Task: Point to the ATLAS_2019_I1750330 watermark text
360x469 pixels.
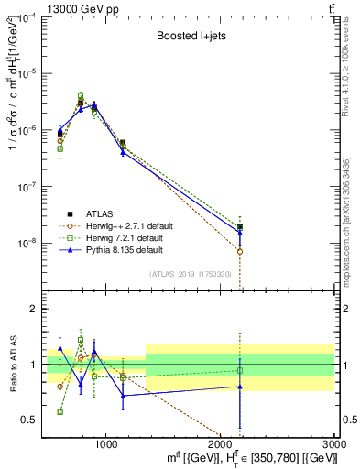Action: [x=190, y=274]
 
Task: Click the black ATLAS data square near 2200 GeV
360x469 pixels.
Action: [x=240, y=226]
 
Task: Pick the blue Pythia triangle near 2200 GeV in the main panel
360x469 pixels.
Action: [x=240, y=233]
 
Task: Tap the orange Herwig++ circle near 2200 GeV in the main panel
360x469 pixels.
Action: [x=240, y=251]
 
